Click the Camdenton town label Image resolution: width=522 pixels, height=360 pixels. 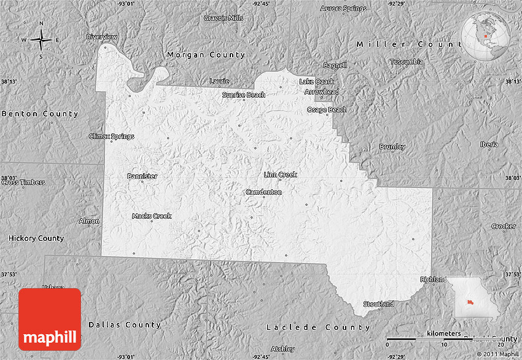[x=263, y=192]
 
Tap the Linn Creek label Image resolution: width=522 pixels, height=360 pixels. [x=280, y=175]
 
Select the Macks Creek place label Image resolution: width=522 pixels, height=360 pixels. [x=152, y=216]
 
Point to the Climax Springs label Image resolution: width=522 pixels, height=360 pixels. [x=111, y=136]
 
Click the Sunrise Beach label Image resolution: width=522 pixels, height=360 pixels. [x=244, y=95]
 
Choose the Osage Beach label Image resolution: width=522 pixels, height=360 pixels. [x=327, y=110]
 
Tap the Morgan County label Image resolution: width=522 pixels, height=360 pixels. [x=206, y=55]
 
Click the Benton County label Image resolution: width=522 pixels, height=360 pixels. [x=40, y=114]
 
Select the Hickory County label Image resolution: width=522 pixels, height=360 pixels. [x=36, y=238]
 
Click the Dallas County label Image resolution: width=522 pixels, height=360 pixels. [x=125, y=324]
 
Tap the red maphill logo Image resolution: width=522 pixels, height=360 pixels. [x=50, y=319]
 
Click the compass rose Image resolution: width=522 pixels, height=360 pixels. [x=41, y=41]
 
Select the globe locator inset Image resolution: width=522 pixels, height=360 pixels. [x=485, y=34]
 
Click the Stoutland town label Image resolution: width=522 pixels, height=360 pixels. [x=378, y=304]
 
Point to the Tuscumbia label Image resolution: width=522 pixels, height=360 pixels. [x=406, y=62]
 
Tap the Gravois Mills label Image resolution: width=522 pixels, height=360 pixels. [x=224, y=18]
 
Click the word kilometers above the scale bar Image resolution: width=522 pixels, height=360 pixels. [x=443, y=333]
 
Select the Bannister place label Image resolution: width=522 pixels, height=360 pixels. [x=142, y=176]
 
